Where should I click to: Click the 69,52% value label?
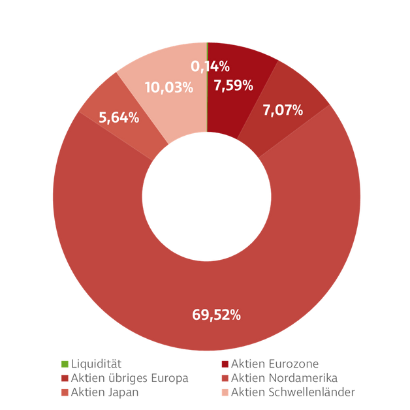[216, 315]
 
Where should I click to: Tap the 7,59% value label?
[233, 86]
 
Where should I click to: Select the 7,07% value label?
[283, 110]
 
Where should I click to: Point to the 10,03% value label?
[168, 87]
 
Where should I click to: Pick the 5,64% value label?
[119, 118]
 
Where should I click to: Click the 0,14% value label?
[210, 66]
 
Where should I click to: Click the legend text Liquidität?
[96, 364]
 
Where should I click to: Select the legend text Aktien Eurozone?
[275, 364]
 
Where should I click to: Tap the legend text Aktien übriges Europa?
[129, 378]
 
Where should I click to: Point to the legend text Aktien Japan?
[104, 392]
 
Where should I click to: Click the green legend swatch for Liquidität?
[64, 364]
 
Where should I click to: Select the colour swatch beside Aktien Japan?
[64, 392]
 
